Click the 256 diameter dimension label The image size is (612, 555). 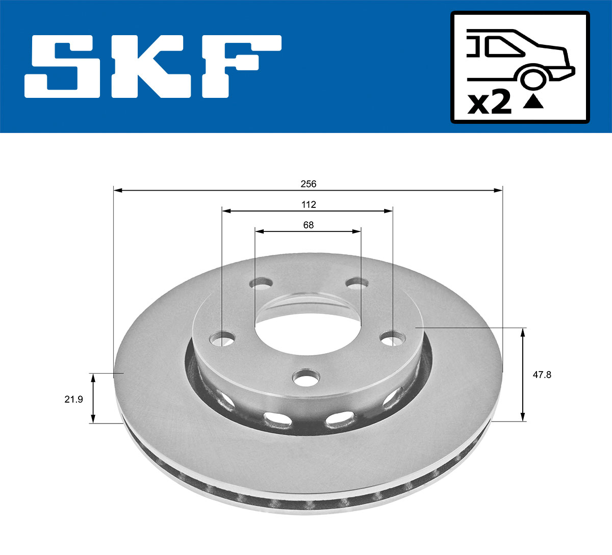pos(308,184)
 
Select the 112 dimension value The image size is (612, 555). pos(308,204)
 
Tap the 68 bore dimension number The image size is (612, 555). pos(308,225)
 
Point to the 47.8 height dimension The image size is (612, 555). pos(542,375)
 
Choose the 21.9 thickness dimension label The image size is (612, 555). pos(73,399)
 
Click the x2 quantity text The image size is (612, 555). pos(490,103)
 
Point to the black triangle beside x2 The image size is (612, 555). pos(533,102)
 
